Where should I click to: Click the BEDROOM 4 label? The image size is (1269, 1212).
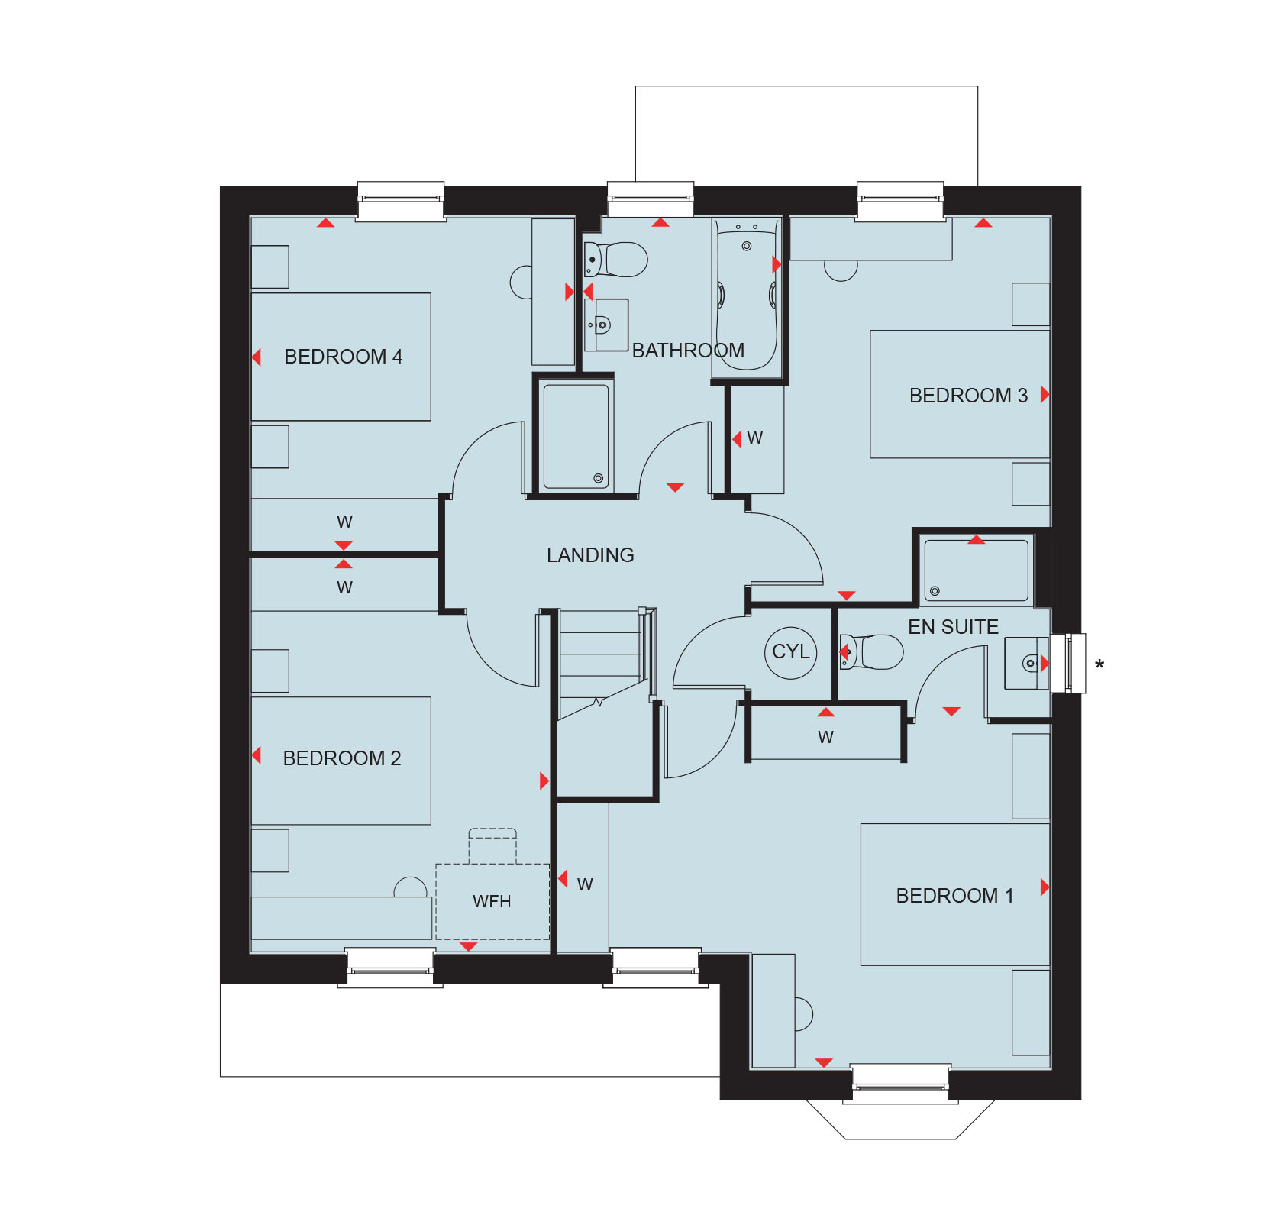point(343,357)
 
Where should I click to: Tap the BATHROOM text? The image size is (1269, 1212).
point(688,351)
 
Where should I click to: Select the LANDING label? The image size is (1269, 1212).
point(590,555)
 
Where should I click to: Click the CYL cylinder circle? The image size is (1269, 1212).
point(790,652)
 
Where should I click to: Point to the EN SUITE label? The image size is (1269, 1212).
point(953,627)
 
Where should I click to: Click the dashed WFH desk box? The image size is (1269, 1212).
point(492,901)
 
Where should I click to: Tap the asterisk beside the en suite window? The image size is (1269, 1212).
point(1099,665)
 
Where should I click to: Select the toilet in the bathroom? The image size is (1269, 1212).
point(616,260)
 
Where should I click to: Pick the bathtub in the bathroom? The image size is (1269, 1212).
point(746,298)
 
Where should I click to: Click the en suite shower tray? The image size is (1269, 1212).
point(976,570)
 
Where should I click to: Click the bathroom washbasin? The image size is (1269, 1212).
point(605,325)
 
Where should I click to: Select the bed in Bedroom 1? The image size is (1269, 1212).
point(954,894)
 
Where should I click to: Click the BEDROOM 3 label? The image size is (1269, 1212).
point(967,396)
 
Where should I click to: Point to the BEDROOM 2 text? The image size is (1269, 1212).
point(341,758)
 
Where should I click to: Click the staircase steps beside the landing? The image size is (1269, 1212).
point(599,657)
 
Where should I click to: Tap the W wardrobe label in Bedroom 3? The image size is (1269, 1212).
point(754,438)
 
